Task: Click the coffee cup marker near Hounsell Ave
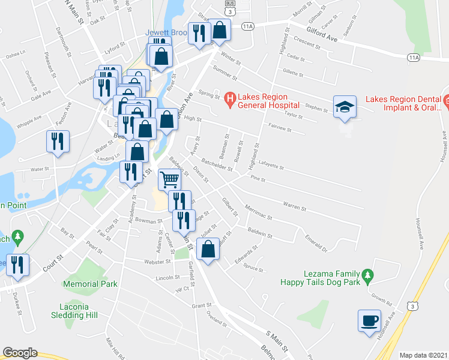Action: tap(369, 320)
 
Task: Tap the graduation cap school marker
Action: tap(345, 106)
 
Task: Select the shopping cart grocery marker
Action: tap(170, 179)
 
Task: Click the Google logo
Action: tap(20, 352)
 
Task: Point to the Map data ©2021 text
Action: tap(423, 355)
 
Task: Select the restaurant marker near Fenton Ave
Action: tap(58, 142)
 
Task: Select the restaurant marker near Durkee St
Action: tap(17, 265)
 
